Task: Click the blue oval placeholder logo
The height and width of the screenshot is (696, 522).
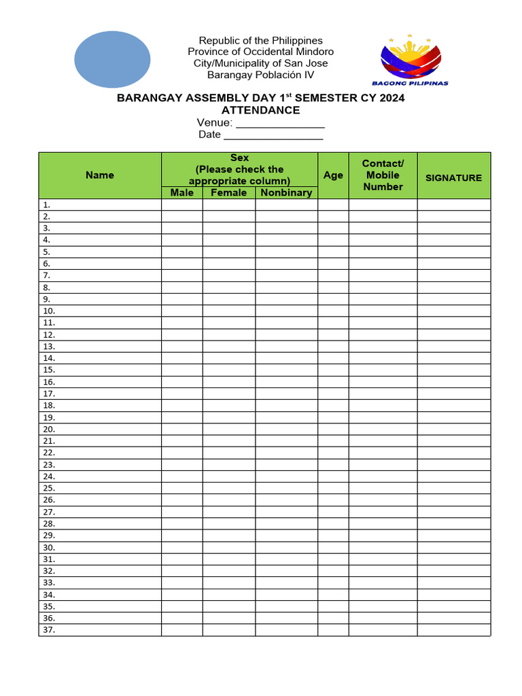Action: [112, 59]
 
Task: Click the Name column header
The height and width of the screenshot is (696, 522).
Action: [100, 175]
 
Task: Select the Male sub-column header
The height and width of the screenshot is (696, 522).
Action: [181, 192]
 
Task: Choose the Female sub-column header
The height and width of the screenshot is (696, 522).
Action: [229, 192]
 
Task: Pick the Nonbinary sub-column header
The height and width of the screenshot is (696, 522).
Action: [286, 192]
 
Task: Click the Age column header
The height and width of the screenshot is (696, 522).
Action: [333, 175]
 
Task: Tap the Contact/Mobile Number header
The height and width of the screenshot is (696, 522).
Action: [383, 175]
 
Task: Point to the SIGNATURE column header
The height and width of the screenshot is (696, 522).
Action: [453, 177]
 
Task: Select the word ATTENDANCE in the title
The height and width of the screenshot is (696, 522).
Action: [260, 110]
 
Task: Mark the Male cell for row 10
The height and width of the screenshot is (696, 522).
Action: [181, 311]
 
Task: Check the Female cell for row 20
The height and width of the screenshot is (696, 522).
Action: [229, 429]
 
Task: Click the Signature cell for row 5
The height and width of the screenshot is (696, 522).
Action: [453, 251]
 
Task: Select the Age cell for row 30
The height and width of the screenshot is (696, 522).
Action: [333, 547]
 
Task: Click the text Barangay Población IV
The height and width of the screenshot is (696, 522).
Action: [260, 75]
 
